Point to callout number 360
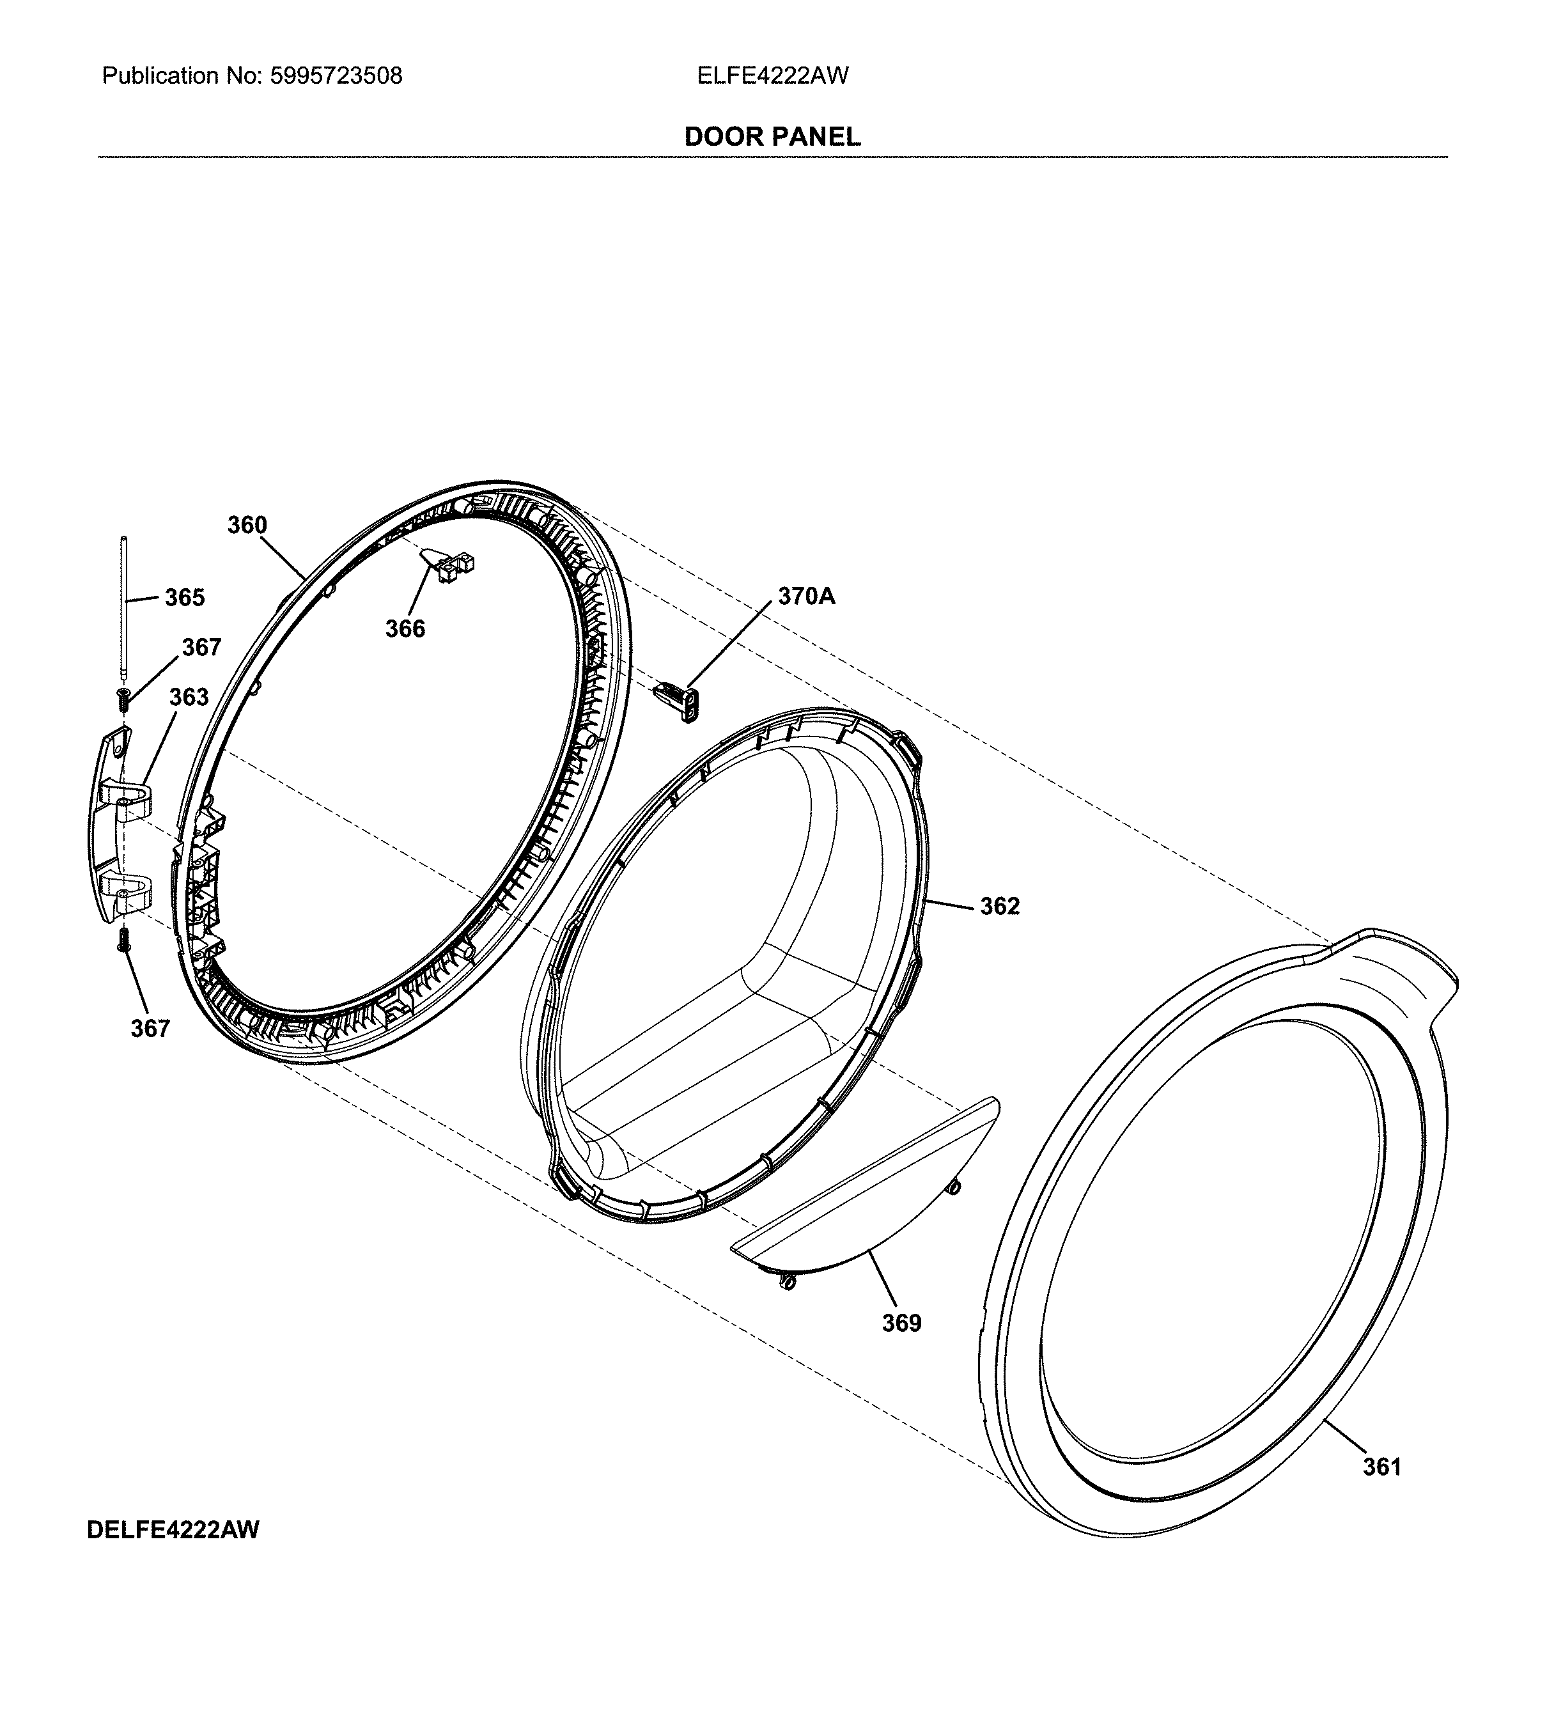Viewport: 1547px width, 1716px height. pos(247,526)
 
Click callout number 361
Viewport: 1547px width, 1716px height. pos(1382,1467)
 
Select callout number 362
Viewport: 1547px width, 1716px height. pos(1000,907)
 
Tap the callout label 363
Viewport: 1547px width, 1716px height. pos(189,697)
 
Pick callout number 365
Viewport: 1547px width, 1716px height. pos(185,598)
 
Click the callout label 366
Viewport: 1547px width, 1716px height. pos(405,629)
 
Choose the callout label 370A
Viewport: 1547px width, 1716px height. pos(807,597)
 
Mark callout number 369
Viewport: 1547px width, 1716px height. pos(902,1323)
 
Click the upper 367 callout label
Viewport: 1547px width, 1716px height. pos(201,648)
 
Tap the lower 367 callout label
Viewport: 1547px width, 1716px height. pos(150,1029)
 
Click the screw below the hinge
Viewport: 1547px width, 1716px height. pos(124,939)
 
